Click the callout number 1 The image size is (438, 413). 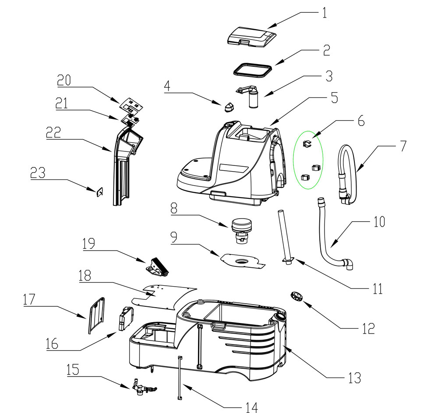click(324, 12)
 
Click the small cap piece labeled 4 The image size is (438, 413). click(229, 107)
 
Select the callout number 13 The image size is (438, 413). click(354, 377)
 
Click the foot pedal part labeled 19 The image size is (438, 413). click(157, 266)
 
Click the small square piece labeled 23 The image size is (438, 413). click(100, 192)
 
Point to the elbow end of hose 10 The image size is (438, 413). click(350, 264)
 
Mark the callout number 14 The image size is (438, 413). click(251, 407)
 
